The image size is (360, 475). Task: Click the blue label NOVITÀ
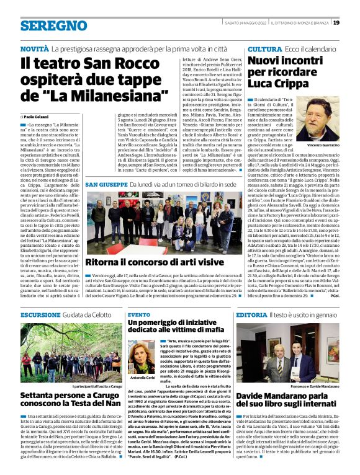[34, 48]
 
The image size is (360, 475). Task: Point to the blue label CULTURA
[264, 48]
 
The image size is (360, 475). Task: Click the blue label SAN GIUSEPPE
[106, 185]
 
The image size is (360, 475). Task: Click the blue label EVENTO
[138, 314]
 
